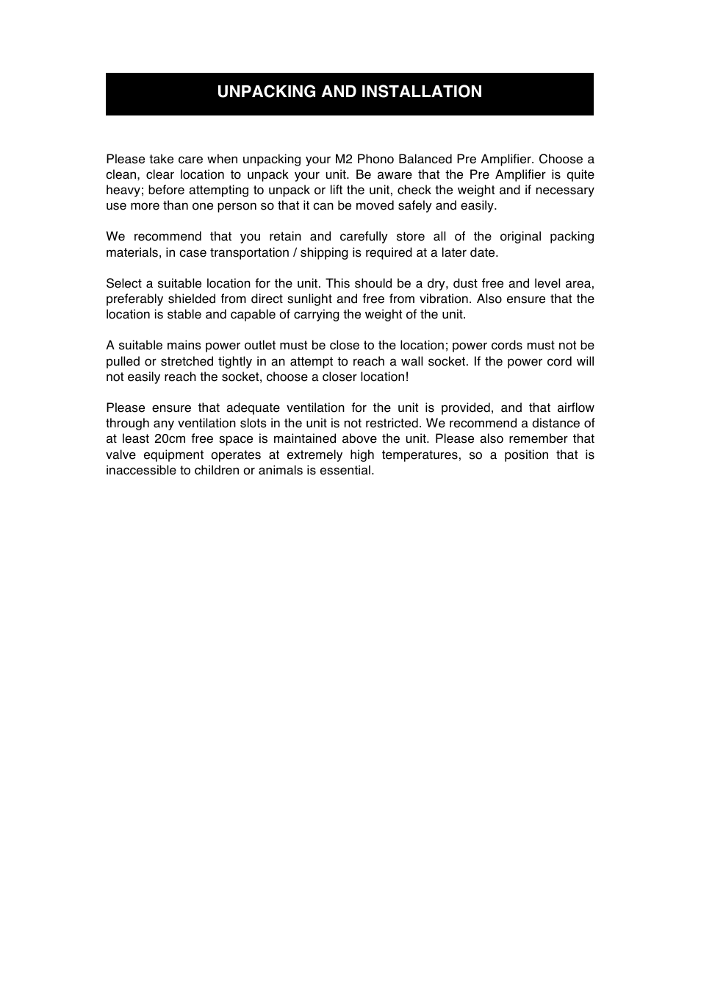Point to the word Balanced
tap(425, 160)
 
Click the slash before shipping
tap(295, 253)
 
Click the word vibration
tap(443, 299)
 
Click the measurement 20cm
tap(170, 439)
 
